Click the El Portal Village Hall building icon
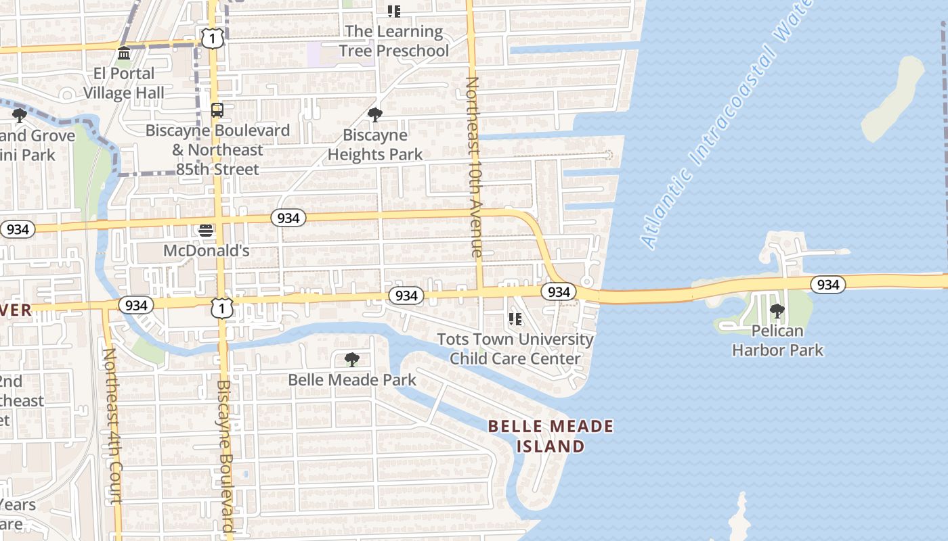[124, 53]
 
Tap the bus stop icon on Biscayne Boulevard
[217, 110]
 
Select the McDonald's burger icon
[206, 231]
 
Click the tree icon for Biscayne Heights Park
[374, 114]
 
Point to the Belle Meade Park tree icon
[351, 359]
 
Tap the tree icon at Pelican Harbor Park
[777, 311]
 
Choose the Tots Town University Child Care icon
[515, 319]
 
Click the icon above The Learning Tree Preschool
[393, 11]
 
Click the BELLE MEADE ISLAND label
[551, 436]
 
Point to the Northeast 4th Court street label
[112, 426]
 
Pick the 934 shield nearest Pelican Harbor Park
[827, 285]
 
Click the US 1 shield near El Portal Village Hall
[212, 39]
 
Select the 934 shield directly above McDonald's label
[288, 218]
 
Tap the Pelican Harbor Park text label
[777, 340]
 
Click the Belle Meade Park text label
[352, 380]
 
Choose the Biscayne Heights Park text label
[374, 145]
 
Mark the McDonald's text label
[206, 251]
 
